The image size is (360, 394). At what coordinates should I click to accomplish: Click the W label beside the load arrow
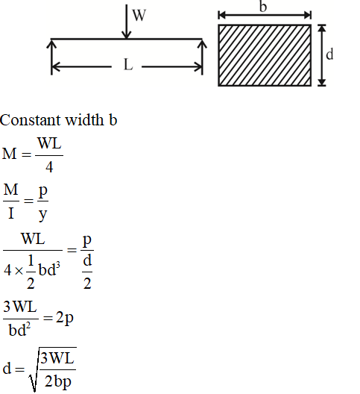point(139,16)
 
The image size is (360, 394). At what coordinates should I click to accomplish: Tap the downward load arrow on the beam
point(126,22)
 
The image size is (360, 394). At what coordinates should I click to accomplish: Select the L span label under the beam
point(128,65)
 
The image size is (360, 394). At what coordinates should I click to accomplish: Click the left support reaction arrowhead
point(51,44)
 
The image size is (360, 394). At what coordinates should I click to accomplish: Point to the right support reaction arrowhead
point(202,44)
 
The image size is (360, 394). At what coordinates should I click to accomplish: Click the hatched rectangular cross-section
point(265,55)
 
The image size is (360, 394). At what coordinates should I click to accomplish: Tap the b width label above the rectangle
point(263,6)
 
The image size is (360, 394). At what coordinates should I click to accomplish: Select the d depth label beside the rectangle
point(329,54)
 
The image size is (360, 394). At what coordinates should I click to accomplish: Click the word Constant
point(31,120)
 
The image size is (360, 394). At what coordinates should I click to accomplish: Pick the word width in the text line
point(84,119)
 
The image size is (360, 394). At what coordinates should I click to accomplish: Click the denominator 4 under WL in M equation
point(49,167)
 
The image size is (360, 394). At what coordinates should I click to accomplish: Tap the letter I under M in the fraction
point(10,213)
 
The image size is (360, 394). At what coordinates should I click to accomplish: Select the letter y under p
point(43,215)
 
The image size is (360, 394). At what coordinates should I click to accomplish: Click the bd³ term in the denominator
point(49,269)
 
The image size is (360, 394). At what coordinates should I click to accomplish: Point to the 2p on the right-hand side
point(65,318)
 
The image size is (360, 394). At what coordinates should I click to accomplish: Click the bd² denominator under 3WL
point(19,329)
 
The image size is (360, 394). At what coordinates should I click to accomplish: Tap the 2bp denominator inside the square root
point(58,381)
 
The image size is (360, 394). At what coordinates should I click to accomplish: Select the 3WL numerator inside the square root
point(57,358)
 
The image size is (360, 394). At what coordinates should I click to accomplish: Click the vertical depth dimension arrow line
point(322,55)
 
